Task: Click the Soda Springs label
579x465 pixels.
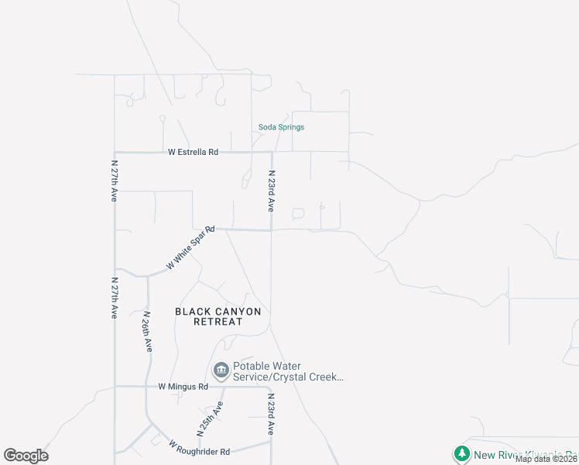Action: (x=281, y=127)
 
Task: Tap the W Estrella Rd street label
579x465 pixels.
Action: (x=194, y=153)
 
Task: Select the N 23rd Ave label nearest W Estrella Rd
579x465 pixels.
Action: (x=272, y=191)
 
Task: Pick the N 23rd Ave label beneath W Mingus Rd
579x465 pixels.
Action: (x=272, y=416)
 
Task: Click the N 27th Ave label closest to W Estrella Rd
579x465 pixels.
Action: (x=113, y=184)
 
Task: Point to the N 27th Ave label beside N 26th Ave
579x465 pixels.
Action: (x=114, y=298)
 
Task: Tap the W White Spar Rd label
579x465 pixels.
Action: (x=190, y=248)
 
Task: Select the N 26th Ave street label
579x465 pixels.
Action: (x=147, y=332)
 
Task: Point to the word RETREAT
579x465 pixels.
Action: (x=218, y=322)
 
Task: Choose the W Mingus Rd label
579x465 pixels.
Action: (x=183, y=386)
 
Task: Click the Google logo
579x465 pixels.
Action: (x=26, y=456)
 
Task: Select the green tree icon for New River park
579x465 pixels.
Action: (x=461, y=454)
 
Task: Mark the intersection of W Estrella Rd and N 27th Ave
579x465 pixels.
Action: (x=115, y=153)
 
